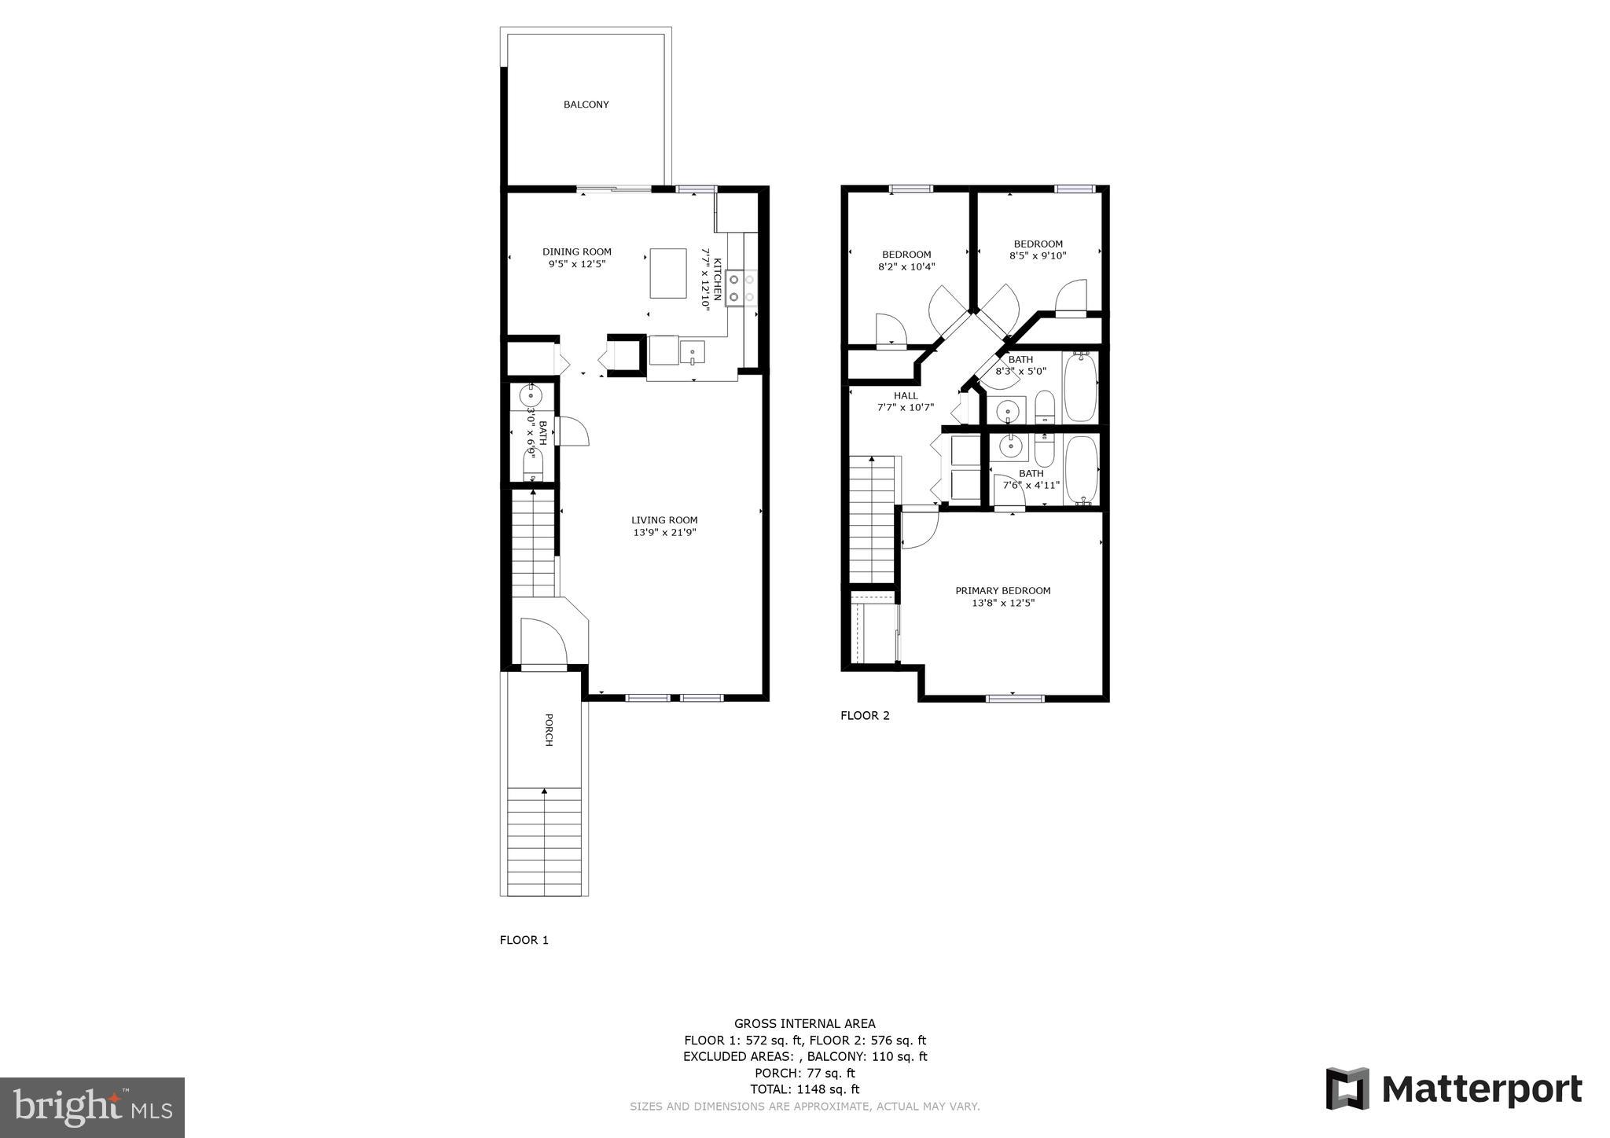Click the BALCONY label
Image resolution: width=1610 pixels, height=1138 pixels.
[x=586, y=105]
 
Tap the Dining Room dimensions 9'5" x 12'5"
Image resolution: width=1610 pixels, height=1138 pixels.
[x=577, y=264]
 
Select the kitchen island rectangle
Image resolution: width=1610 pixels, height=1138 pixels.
[x=668, y=273]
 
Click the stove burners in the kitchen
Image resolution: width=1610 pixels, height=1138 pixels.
[x=741, y=288]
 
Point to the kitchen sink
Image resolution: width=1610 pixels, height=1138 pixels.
[x=693, y=351]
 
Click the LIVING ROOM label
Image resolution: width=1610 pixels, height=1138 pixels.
[x=664, y=519]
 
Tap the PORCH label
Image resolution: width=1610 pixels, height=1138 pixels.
[x=549, y=729]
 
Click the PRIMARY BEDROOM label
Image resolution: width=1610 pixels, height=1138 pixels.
[x=1002, y=590]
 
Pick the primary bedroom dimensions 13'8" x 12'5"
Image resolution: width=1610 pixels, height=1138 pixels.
[x=1002, y=603]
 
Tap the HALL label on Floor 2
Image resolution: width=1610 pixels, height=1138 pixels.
[x=906, y=395]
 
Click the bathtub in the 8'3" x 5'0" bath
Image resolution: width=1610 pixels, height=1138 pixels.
[x=1081, y=387]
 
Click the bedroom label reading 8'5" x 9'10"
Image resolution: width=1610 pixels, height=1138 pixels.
[x=1038, y=255]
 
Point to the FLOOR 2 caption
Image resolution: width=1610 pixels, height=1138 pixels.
[x=865, y=715]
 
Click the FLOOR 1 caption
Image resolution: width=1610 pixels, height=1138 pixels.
[x=524, y=940]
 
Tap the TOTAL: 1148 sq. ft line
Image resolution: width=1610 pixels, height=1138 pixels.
[x=805, y=1089]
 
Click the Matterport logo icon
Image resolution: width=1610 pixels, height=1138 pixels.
[x=1347, y=1088]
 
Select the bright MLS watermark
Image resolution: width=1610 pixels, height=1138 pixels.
[x=93, y=1107]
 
